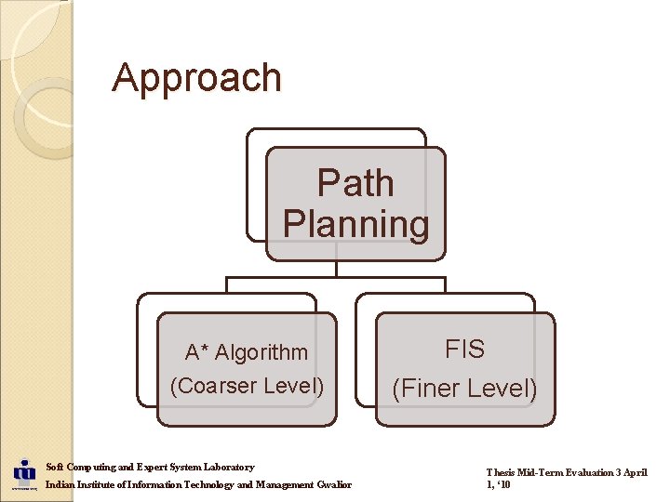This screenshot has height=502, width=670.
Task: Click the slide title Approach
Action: click(x=196, y=78)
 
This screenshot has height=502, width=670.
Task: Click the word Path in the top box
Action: click(x=355, y=183)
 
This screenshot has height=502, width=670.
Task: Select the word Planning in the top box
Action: click(x=355, y=224)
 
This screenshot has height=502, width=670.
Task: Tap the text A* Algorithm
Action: click(x=247, y=352)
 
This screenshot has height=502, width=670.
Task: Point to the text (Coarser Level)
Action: click(x=247, y=385)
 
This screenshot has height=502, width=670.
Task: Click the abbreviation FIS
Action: click(x=464, y=350)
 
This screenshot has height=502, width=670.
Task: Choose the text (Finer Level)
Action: click(x=464, y=388)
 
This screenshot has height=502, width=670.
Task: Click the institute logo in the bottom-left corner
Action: click(x=23, y=474)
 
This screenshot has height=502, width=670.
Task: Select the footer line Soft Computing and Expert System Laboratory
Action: click(x=150, y=467)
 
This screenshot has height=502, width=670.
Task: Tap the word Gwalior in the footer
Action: click(x=334, y=485)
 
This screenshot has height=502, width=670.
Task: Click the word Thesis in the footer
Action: click(x=501, y=472)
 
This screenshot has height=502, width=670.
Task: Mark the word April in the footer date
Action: click(x=635, y=472)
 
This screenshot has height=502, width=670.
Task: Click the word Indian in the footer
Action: click(x=60, y=485)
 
